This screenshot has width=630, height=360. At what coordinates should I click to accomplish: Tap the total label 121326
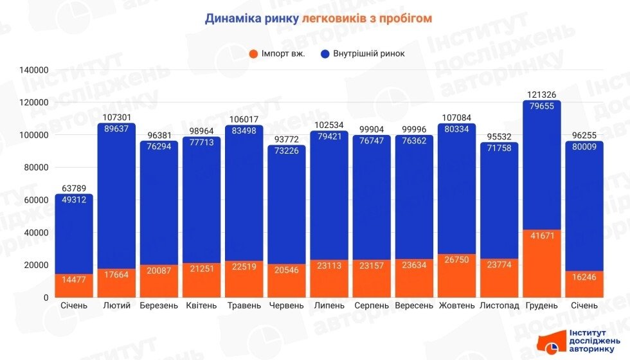[x=542, y=95]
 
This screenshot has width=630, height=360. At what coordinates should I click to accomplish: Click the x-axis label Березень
[x=159, y=305]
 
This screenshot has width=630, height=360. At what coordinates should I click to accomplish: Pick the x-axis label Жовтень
[x=457, y=305]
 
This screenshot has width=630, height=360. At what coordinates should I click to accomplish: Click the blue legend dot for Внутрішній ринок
[x=325, y=54]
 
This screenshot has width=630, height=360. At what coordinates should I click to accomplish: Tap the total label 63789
[x=74, y=188]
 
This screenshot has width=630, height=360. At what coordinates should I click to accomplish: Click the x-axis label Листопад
[x=500, y=305]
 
